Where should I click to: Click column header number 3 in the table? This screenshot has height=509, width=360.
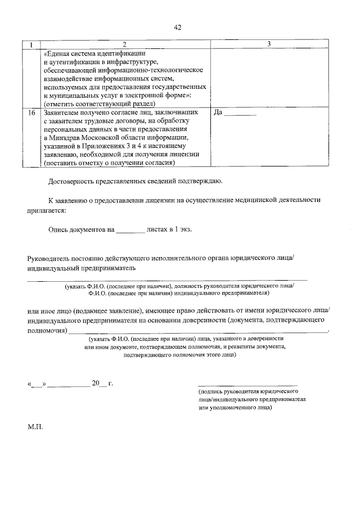click(x=269, y=44)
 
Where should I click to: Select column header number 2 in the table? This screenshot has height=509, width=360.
click(x=125, y=44)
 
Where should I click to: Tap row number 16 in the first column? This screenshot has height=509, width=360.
click(x=31, y=112)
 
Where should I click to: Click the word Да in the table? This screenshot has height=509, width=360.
click(x=219, y=112)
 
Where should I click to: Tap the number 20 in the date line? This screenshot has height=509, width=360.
click(x=96, y=384)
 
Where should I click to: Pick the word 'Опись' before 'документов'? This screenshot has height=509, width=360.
click(x=59, y=229)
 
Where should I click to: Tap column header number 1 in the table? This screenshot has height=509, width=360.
click(x=31, y=44)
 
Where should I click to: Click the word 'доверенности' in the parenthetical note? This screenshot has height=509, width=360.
click(x=265, y=339)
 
